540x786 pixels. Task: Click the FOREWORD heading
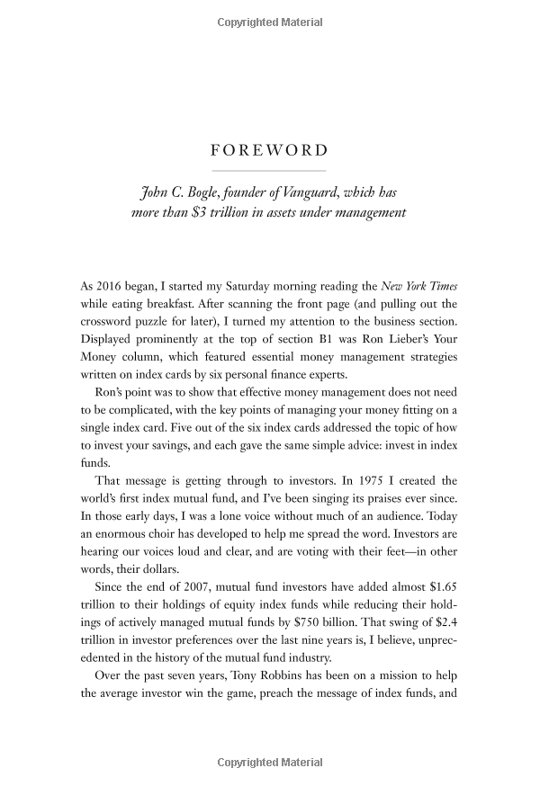click(269, 151)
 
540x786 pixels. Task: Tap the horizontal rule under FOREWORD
click(269, 170)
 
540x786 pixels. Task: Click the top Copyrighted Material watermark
click(269, 19)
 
